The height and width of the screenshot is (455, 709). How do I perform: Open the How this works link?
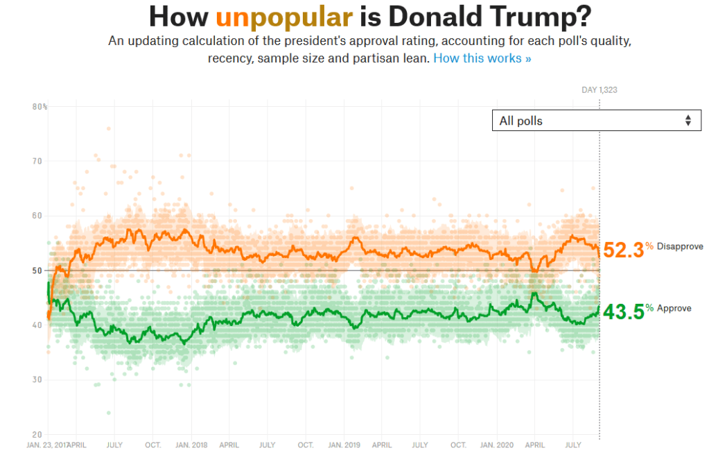[x=482, y=58]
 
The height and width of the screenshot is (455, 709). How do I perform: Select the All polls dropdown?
[x=596, y=121]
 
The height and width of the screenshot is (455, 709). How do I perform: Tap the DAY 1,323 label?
[x=598, y=89]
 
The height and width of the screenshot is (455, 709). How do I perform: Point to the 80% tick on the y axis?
[x=40, y=107]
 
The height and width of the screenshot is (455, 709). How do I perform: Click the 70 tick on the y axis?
[x=37, y=162]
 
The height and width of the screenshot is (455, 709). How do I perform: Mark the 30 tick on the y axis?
[x=37, y=379]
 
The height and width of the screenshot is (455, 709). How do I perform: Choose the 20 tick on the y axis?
[x=37, y=434]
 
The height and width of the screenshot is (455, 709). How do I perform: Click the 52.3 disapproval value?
[x=623, y=250]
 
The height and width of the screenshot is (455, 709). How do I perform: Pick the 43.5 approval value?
[x=623, y=311]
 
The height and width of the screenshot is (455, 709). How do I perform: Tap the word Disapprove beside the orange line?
[x=680, y=247]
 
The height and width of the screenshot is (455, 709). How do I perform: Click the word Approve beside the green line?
[x=674, y=308]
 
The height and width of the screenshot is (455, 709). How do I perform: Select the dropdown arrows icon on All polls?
[x=688, y=121]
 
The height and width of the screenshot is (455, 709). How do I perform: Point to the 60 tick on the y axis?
[x=37, y=216]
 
